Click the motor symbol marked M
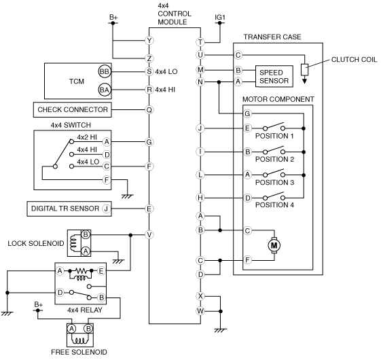pyautogui.click(x=274, y=245)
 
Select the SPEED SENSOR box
pyautogui.click(x=274, y=76)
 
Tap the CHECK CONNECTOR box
pyautogui.click(x=72, y=109)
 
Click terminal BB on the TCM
pyautogui.click(x=105, y=71)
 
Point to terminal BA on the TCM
pyautogui.click(x=105, y=90)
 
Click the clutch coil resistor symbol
pyautogui.click(x=305, y=70)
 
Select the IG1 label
pyautogui.click(x=220, y=18)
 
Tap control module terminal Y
pyautogui.click(x=149, y=40)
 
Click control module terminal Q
pyautogui.click(x=149, y=110)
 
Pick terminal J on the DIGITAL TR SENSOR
pyautogui.click(x=106, y=209)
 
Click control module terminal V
pyautogui.click(x=149, y=235)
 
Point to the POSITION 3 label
pyautogui.click(x=274, y=182)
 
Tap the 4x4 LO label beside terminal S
pyautogui.click(x=166, y=71)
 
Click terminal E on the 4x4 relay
pyautogui.click(x=101, y=271)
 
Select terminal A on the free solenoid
pyautogui.click(x=71, y=329)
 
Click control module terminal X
pyautogui.click(x=200, y=296)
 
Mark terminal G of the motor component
pyautogui.click(x=247, y=113)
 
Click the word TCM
pyautogui.click(x=77, y=81)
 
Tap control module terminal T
pyautogui.click(x=200, y=42)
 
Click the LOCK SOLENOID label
pyautogui.click(x=36, y=243)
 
